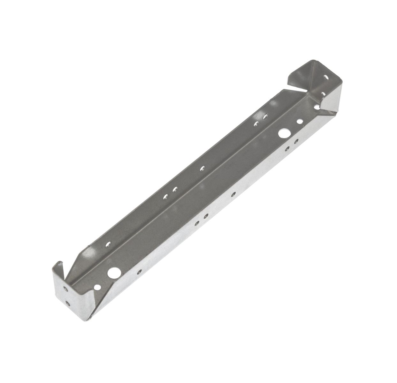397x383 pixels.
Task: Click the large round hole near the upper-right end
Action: tap(283, 133)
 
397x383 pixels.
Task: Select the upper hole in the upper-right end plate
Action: tap(326, 77)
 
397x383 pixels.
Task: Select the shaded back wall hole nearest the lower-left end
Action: tap(108, 244)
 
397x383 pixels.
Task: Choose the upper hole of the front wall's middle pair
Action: tap(206, 216)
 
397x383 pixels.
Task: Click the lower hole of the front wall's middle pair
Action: tap(197, 223)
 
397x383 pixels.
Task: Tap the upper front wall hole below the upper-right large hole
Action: tap(297, 141)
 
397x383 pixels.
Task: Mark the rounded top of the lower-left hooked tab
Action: tap(58, 262)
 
